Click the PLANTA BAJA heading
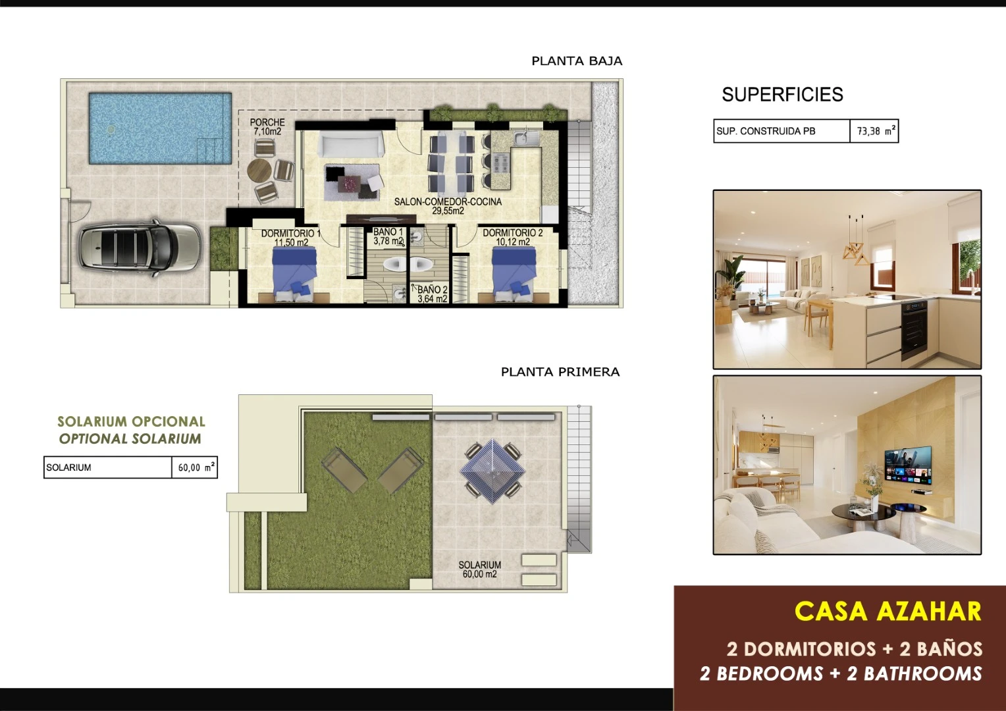pos(577,61)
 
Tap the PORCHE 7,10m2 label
pos(267,126)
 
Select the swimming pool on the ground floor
pos(161,128)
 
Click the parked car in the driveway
pos(140,248)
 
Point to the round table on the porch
pos(259,171)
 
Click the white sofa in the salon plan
pos(351,145)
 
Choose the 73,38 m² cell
pos(874,131)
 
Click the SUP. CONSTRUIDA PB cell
pos(782,131)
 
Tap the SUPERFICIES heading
pos(782,94)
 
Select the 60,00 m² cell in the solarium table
pos(194,467)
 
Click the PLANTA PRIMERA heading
pos(560,372)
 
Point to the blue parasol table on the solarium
pos(492,471)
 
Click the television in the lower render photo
pos(908,465)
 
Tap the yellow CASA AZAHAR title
pos(888,612)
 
